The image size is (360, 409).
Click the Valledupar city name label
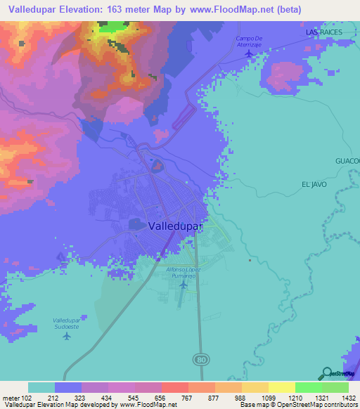tap(176, 227)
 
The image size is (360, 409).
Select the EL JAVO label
tap(315, 183)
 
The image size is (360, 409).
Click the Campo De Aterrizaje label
tap(249, 41)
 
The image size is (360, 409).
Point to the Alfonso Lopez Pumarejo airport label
tap(182, 273)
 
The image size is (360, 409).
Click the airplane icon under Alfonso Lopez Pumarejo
tap(183, 285)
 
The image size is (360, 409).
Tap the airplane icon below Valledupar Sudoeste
tap(67, 335)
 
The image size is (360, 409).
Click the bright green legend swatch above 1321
tap(309, 387)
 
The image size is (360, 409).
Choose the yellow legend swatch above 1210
tap(282, 387)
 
